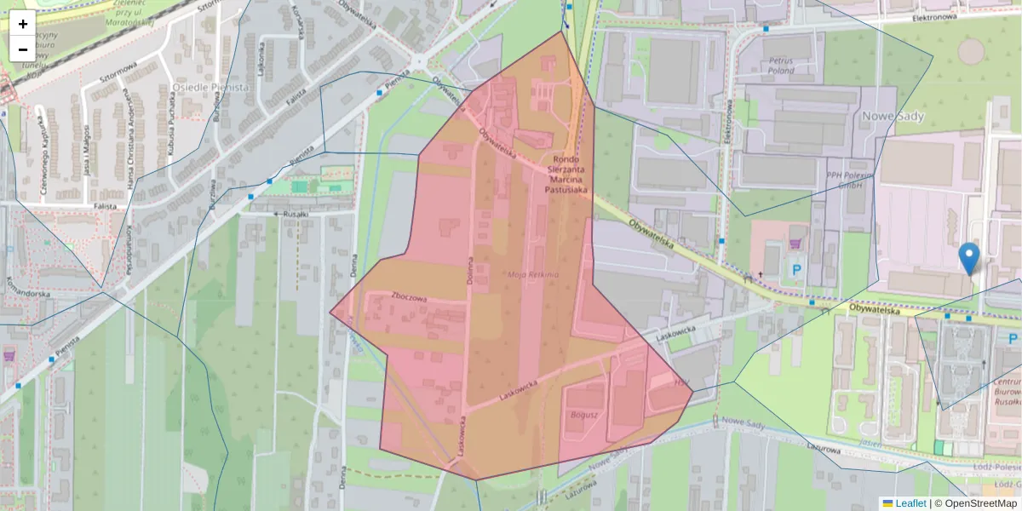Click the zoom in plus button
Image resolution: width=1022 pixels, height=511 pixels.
coord(23,24)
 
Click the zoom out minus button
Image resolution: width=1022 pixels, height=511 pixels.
coord(23,49)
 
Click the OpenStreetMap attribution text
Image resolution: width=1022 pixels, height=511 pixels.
coord(979,503)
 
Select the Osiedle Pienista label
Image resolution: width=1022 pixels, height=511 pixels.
coord(210,87)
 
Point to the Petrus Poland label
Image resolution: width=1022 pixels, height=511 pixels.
coord(781,66)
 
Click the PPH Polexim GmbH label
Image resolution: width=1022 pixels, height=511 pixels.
coord(851,179)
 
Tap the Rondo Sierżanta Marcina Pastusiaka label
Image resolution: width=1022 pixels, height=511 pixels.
coord(566,175)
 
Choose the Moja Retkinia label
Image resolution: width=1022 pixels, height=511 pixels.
coord(532,274)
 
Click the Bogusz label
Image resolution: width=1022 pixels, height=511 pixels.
coord(585,414)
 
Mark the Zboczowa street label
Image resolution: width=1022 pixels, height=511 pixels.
coord(409,297)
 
